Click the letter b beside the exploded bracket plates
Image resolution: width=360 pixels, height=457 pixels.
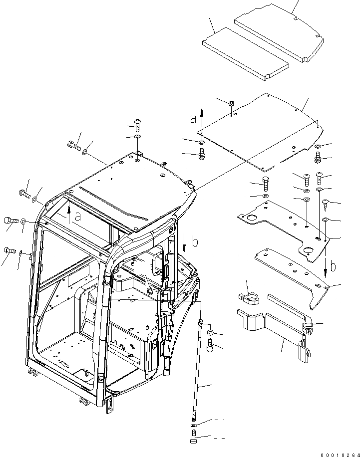[x=333, y=266]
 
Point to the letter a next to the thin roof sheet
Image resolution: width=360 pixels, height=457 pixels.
[x=193, y=119]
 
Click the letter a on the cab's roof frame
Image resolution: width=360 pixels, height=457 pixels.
[x=77, y=216]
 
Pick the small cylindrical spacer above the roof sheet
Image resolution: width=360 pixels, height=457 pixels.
[x=232, y=103]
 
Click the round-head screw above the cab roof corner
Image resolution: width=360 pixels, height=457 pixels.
[x=138, y=123]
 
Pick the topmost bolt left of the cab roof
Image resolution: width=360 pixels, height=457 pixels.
[x=72, y=145]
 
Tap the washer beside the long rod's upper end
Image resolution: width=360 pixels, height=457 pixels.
[x=211, y=332]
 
